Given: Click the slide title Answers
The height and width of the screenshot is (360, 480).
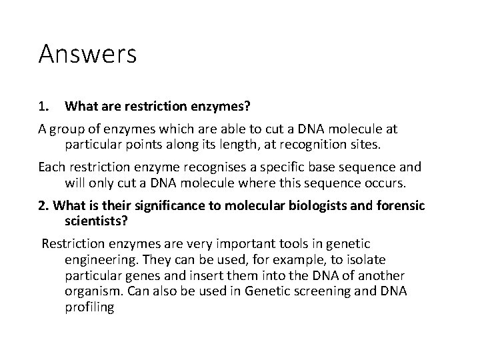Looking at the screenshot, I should coord(87,53).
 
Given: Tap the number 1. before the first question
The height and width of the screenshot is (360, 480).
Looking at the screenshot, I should coord(43,105).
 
